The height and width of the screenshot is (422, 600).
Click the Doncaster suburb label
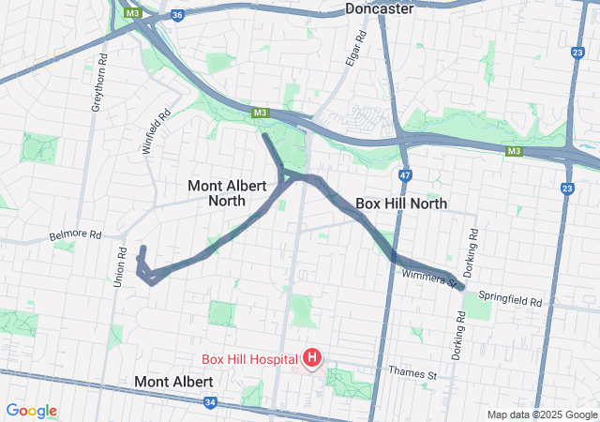point(379,8)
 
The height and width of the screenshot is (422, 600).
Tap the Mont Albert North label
point(217,192)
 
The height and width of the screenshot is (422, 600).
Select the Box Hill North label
point(400,203)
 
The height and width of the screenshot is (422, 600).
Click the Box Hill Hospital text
point(248,358)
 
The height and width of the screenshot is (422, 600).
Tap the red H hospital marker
point(311,357)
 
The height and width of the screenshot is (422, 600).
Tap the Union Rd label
point(122,267)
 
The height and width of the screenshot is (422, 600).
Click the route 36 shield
point(177,15)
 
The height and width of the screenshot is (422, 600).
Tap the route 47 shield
point(404,174)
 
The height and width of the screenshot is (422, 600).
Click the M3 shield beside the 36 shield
point(132,14)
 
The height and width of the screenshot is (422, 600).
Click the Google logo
point(31,411)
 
